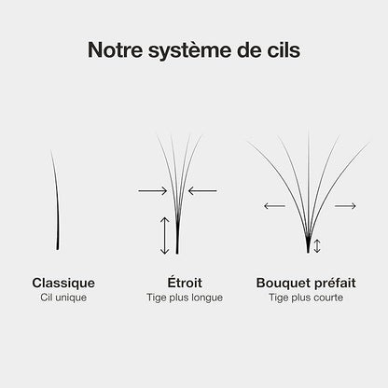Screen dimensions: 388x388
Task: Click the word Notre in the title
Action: click(115, 49)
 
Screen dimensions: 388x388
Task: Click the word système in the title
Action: click(190, 51)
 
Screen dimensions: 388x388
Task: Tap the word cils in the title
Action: click(284, 49)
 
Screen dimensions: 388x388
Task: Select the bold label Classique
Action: click(63, 284)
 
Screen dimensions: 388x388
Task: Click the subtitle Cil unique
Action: click(63, 298)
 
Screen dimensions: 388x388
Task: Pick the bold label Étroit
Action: click(185, 282)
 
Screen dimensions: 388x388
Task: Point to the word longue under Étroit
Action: click(207, 298)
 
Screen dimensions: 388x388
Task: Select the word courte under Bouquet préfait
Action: click(328, 298)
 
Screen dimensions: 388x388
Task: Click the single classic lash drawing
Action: click(56, 200)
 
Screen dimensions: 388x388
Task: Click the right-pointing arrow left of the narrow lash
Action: click(153, 190)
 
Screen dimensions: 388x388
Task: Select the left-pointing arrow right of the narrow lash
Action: click(202, 190)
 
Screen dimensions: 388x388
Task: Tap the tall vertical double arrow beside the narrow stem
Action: click(164, 236)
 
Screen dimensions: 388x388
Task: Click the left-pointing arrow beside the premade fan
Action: click(274, 206)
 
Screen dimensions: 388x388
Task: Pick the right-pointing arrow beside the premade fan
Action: click(345, 206)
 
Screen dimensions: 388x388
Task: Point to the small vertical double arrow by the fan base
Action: click(317, 246)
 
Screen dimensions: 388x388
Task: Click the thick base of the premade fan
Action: click(308, 245)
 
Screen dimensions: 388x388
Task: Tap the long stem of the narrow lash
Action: click(177, 238)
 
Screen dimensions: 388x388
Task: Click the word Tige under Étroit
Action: click(157, 298)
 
